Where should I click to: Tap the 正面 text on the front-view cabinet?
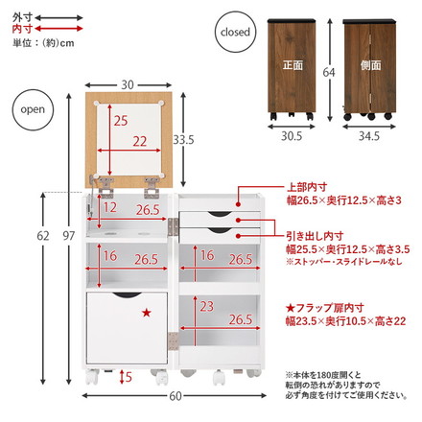click(x=293, y=66)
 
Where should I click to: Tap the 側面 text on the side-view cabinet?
click(x=371, y=66)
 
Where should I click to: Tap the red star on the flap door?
click(x=146, y=312)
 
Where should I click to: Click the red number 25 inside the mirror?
click(x=120, y=122)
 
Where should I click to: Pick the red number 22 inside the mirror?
click(x=140, y=142)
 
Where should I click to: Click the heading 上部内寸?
click(x=305, y=187)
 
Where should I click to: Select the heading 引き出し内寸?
click(x=312, y=235)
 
